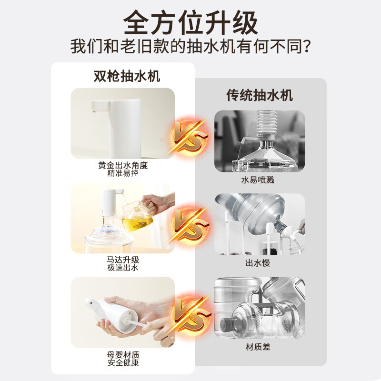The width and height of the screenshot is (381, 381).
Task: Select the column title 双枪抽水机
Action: [x=123, y=76]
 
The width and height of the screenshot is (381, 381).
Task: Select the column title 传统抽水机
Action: [x=259, y=95]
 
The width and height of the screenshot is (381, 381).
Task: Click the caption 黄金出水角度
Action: [x=123, y=165]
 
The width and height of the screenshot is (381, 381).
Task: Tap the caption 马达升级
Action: [x=123, y=260]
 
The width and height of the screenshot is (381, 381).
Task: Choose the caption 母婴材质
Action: [x=123, y=355]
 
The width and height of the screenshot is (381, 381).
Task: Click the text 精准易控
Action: [x=123, y=173]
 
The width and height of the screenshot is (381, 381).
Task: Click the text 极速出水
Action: [x=123, y=268]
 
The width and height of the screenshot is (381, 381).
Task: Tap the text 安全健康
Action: [x=123, y=363]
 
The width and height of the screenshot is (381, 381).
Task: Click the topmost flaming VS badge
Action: [x=190, y=138]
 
